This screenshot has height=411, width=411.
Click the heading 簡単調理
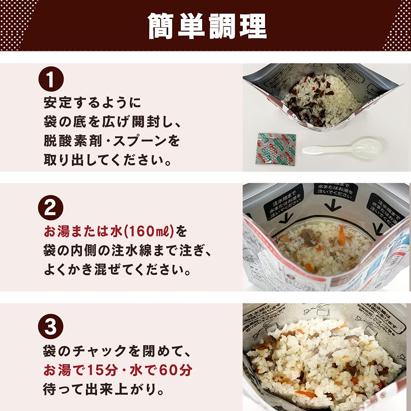point(207,27)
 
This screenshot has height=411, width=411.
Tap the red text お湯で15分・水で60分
point(118,370)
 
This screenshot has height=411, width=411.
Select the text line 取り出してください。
point(107,160)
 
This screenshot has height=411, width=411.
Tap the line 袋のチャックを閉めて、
point(113,351)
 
